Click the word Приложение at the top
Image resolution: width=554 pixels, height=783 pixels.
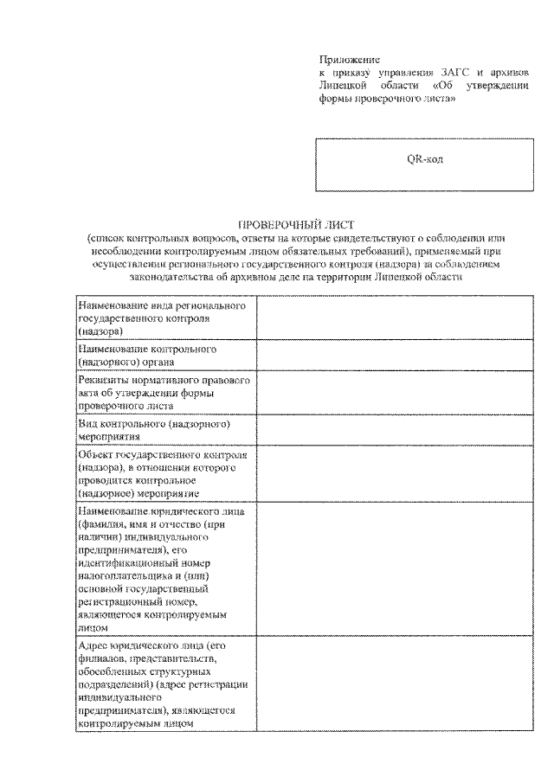coord(345,60)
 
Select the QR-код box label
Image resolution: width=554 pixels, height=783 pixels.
coord(425,159)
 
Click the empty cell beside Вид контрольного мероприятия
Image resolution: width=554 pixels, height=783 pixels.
coord(394,431)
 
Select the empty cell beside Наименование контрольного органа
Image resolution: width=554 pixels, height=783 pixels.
coord(394,356)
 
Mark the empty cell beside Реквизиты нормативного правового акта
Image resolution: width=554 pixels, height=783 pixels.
coord(394,393)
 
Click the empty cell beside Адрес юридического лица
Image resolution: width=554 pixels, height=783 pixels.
coord(394,684)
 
